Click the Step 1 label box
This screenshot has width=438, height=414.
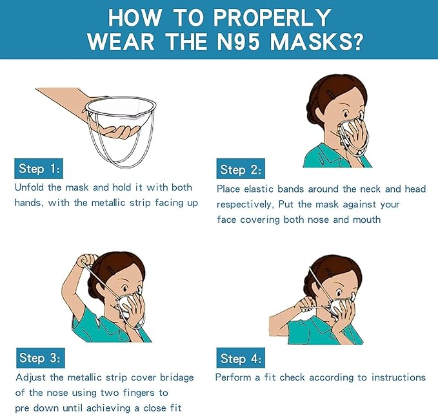coord(39,169)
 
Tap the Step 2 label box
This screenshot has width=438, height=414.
coord(241,169)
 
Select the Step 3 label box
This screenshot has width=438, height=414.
coord(41,358)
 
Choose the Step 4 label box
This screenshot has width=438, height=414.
coord(241,358)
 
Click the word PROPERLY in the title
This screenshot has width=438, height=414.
coord(272,17)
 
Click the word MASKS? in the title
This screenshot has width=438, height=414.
coord(317,42)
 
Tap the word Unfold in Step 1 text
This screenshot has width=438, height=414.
coord(29,187)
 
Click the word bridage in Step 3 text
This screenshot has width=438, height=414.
coord(177,378)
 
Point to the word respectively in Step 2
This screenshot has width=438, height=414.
coord(244,205)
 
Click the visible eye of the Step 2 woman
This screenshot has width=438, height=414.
coord(346,115)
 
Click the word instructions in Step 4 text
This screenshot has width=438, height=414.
coord(399,377)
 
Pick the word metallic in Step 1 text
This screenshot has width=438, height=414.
coord(108,203)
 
